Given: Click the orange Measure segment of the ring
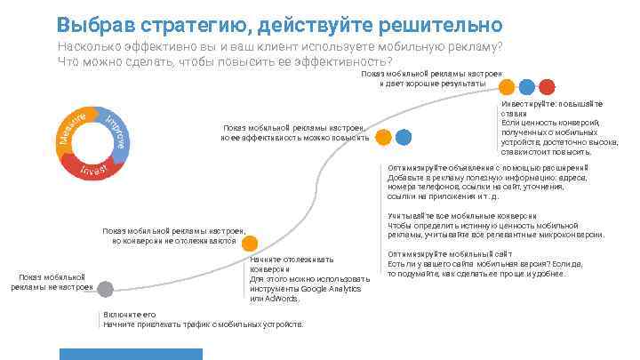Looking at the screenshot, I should pyautogui.click(x=69, y=130).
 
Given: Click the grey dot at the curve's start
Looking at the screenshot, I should pyautogui.click(x=105, y=289).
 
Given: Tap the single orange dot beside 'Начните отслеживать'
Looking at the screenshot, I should pyautogui.click(x=250, y=244).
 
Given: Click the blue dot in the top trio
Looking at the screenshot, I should pyautogui.click(x=526, y=87).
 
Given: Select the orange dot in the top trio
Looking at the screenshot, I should pyautogui.click(x=507, y=87).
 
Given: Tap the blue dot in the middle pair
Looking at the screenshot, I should pyautogui.click(x=404, y=138).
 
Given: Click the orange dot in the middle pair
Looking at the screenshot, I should pyautogui.click(x=384, y=138).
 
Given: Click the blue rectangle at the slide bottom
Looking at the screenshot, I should pyautogui.click(x=131, y=354).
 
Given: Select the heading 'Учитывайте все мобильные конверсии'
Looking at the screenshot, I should pyautogui.click(x=461, y=216).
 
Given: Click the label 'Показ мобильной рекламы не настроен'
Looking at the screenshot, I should pyautogui.click(x=52, y=283).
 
